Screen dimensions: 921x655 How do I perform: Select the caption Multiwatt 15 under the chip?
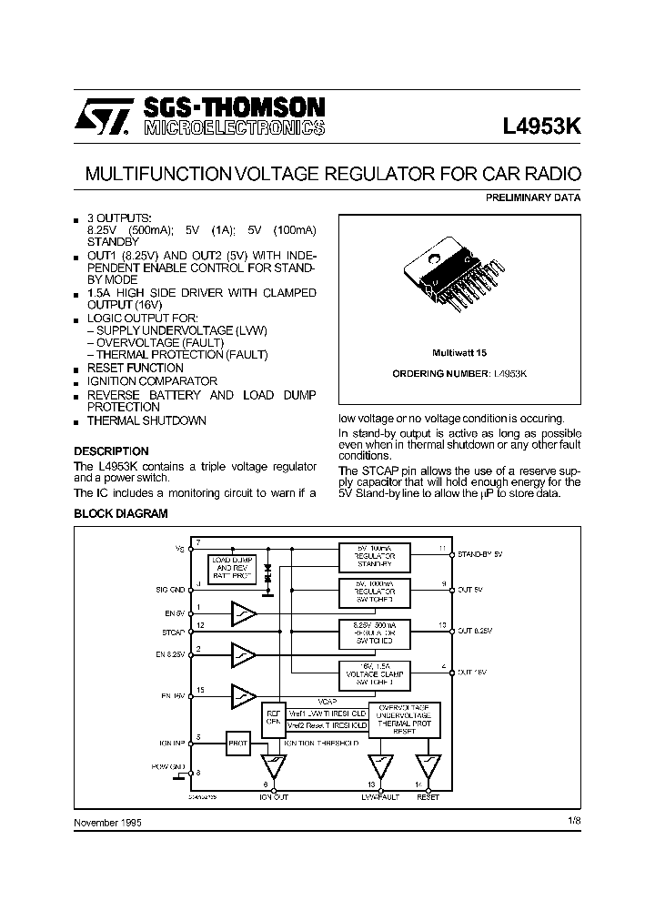tap(459, 352)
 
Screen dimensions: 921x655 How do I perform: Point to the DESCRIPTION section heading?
tap(111, 451)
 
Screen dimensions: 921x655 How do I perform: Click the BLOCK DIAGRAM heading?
tap(120, 514)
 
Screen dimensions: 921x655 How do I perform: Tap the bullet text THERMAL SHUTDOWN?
tap(146, 421)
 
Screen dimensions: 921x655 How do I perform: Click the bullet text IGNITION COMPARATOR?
tap(152, 381)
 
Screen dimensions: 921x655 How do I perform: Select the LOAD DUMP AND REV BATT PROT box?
tap(232, 567)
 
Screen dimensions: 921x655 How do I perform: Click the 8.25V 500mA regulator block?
tap(373, 631)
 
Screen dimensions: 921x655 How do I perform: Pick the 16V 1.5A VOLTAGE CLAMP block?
tap(373, 673)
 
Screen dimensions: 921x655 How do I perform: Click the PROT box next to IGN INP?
tap(237, 743)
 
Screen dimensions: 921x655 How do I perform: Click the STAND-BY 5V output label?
tap(480, 552)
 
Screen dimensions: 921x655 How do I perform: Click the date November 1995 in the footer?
tap(107, 822)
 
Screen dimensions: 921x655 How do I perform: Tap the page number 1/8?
tap(571, 821)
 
